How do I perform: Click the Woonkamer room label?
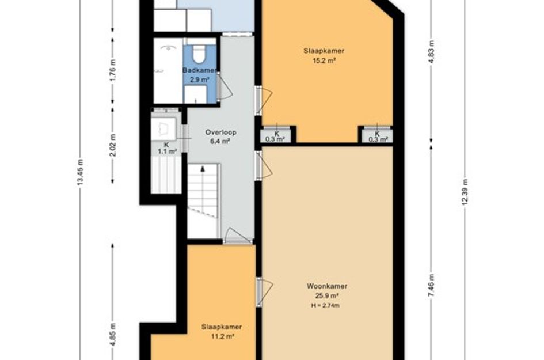[326, 286]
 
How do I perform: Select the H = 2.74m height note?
[325, 305]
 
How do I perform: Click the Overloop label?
[220, 132]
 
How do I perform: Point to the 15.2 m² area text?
[324, 60]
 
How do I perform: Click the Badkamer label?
[200, 70]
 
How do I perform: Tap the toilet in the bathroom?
[199, 54]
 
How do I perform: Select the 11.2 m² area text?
[222, 336]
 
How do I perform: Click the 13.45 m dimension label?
[81, 172]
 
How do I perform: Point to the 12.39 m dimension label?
[465, 192]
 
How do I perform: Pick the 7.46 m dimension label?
[431, 285]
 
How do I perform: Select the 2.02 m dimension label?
[113, 145]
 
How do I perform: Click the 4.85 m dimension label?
[113, 334]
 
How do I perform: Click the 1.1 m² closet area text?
[167, 151]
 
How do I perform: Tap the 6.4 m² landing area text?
[220, 141]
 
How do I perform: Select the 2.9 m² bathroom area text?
[199, 80]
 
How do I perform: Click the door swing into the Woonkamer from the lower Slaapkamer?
[265, 292]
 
